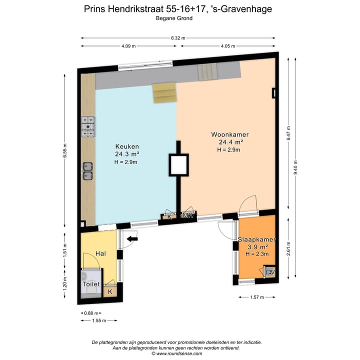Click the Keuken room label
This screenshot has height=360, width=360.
pyautogui.click(x=126, y=146)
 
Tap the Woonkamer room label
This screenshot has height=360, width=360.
pyautogui.click(x=229, y=135)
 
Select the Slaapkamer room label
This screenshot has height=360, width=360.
pyautogui.click(x=256, y=239)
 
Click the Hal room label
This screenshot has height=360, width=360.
pyautogui.click(x=100, y=254)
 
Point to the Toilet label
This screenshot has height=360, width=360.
pyautogui.click(x=92, y=284)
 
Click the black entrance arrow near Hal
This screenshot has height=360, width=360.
pyautogui.click(x=132, y=239)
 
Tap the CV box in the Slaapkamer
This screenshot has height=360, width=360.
pyautogui.click(x=270, y=272)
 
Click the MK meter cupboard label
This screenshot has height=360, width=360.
pyautogui.click(x=188, y=216)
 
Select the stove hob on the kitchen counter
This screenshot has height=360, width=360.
pyautogui.click(x=88, y=126)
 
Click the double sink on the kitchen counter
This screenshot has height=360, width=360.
pyautogui.click(x=88, y=170)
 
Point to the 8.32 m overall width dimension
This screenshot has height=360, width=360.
pyautogui.click(x=178, y=38)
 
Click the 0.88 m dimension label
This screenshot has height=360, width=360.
pyautogui.click(x=88, y=313)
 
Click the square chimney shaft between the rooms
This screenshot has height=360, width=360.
pyautogui.click(x=179, y=165)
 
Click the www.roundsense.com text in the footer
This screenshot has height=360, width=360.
pyautogui.click(x=180, y=353)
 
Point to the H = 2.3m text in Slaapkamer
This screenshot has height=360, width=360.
pyautogui.click(x=257, y=254)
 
